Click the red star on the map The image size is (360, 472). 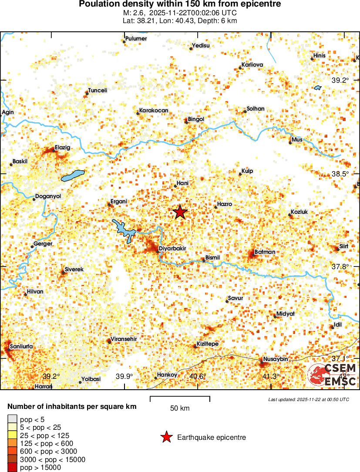pos(180,212)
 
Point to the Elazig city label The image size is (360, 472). pos(62,148)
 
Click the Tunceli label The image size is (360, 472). pos(98,91)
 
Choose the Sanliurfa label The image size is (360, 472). pos(21,347)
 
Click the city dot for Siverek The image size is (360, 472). pos(62,273)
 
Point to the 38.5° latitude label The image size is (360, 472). pos(340,174)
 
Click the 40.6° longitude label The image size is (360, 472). pos(198,376)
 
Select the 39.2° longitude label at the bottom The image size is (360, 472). pos(51,376)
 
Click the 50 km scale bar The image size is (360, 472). pos(180,399)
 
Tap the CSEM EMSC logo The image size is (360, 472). pos(332,374)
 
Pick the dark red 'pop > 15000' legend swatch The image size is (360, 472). pos(12,467)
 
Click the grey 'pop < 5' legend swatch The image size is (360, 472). pos(12,419)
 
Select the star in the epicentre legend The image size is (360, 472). pos(166,437)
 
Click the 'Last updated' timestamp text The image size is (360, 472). pos(309,399)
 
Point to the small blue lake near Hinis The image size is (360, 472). pos(317,88)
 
